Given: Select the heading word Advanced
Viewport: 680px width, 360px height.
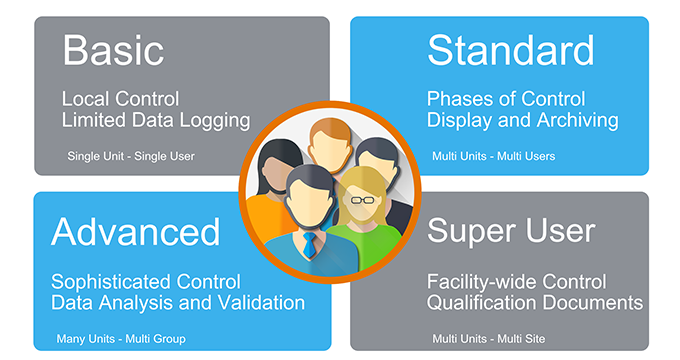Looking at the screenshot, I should click(x=136, y=231).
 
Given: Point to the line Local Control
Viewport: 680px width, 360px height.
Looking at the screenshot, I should click(x=119, y=100).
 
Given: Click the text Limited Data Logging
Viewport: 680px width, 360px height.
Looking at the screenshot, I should click(x=155, y=121).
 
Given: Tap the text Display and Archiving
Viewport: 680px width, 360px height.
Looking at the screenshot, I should click(x=522, y=121).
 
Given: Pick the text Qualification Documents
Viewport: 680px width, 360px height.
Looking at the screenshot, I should click(x=534, y=301).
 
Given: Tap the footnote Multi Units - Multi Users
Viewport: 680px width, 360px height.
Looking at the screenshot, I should click(x=493, y=157).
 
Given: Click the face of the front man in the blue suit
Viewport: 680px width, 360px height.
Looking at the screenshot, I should click(x=308, y=200).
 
